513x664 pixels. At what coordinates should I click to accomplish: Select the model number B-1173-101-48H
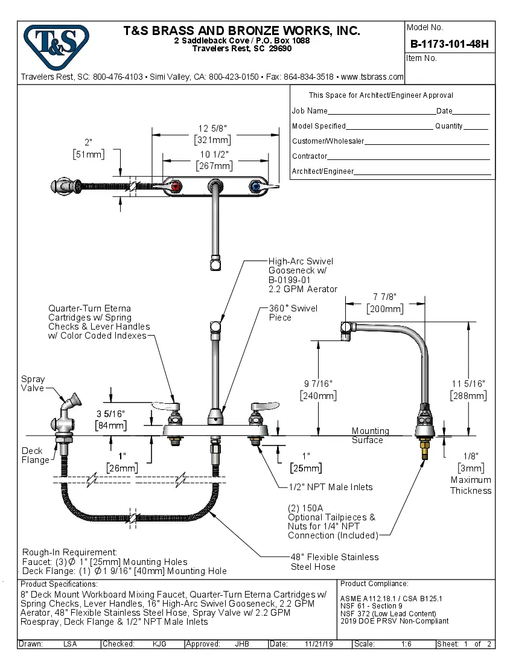pyautogui.click(x=449, y=43)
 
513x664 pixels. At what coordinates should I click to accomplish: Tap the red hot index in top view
pyautogui.click(x=176, y=187)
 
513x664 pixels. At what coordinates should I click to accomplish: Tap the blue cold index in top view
pyautogui.click(x=254, y=188)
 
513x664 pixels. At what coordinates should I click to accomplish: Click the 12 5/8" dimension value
pyautogui.click(x=212, y=128)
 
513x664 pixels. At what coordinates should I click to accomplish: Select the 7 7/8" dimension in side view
pyautogui.click(x=385, y=297)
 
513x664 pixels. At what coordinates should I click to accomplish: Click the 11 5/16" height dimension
pyautogui.click(x=468, y=384)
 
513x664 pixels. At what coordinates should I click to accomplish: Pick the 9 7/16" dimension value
pyautogui.click(x=318, y=384)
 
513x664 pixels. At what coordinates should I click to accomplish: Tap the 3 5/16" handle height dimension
pyautogui.click(x=110, y=414)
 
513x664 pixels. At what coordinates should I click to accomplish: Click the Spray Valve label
pyautogui.click(x=33, y=384)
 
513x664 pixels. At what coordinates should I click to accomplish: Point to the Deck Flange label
pyautogui.click(x=36, y=455)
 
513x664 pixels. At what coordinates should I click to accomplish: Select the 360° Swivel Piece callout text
pyautogui.click(x=293, y=313)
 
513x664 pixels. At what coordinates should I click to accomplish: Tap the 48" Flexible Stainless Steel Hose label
pyautogui.click(x=334, y=561)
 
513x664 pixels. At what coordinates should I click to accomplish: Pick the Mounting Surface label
pyautogui.click(x=370, y=435)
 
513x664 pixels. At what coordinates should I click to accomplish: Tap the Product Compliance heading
pyautogui.click(x=374, y=584)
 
